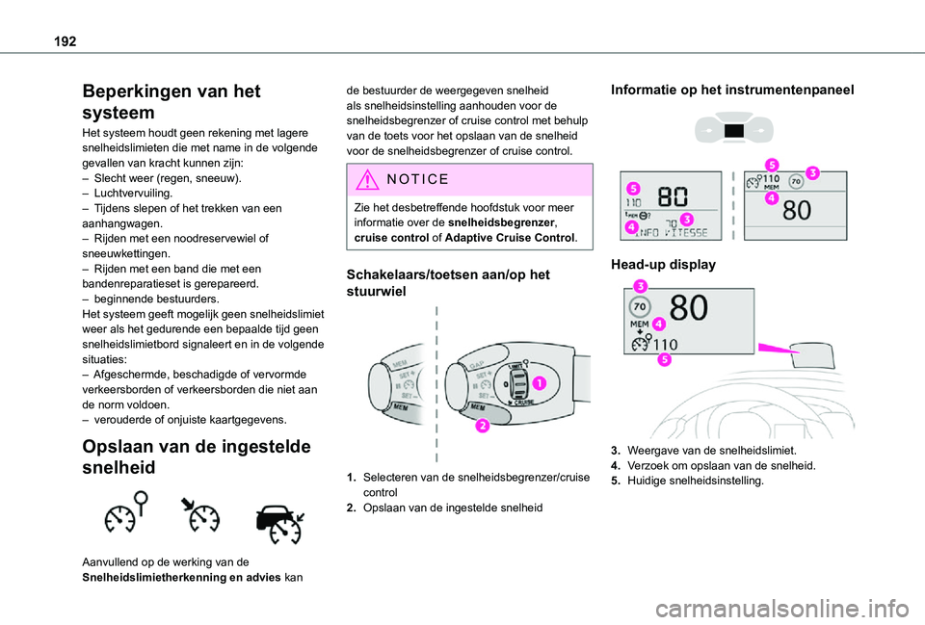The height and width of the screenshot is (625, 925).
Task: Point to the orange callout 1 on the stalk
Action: click(x=538, y=383)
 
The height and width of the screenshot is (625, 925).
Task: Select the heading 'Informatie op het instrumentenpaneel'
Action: click(x=732, y=90)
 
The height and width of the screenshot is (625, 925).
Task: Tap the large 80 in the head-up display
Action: click(x=688, y=308)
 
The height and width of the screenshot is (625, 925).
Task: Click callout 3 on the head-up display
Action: click(x=640, y=285)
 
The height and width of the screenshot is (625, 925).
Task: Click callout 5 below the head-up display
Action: click(x=665, y=360)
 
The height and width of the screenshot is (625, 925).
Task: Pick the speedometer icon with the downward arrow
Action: click(x=199, y=517)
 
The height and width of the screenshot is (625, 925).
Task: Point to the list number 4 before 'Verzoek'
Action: click(x=615, y=465)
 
